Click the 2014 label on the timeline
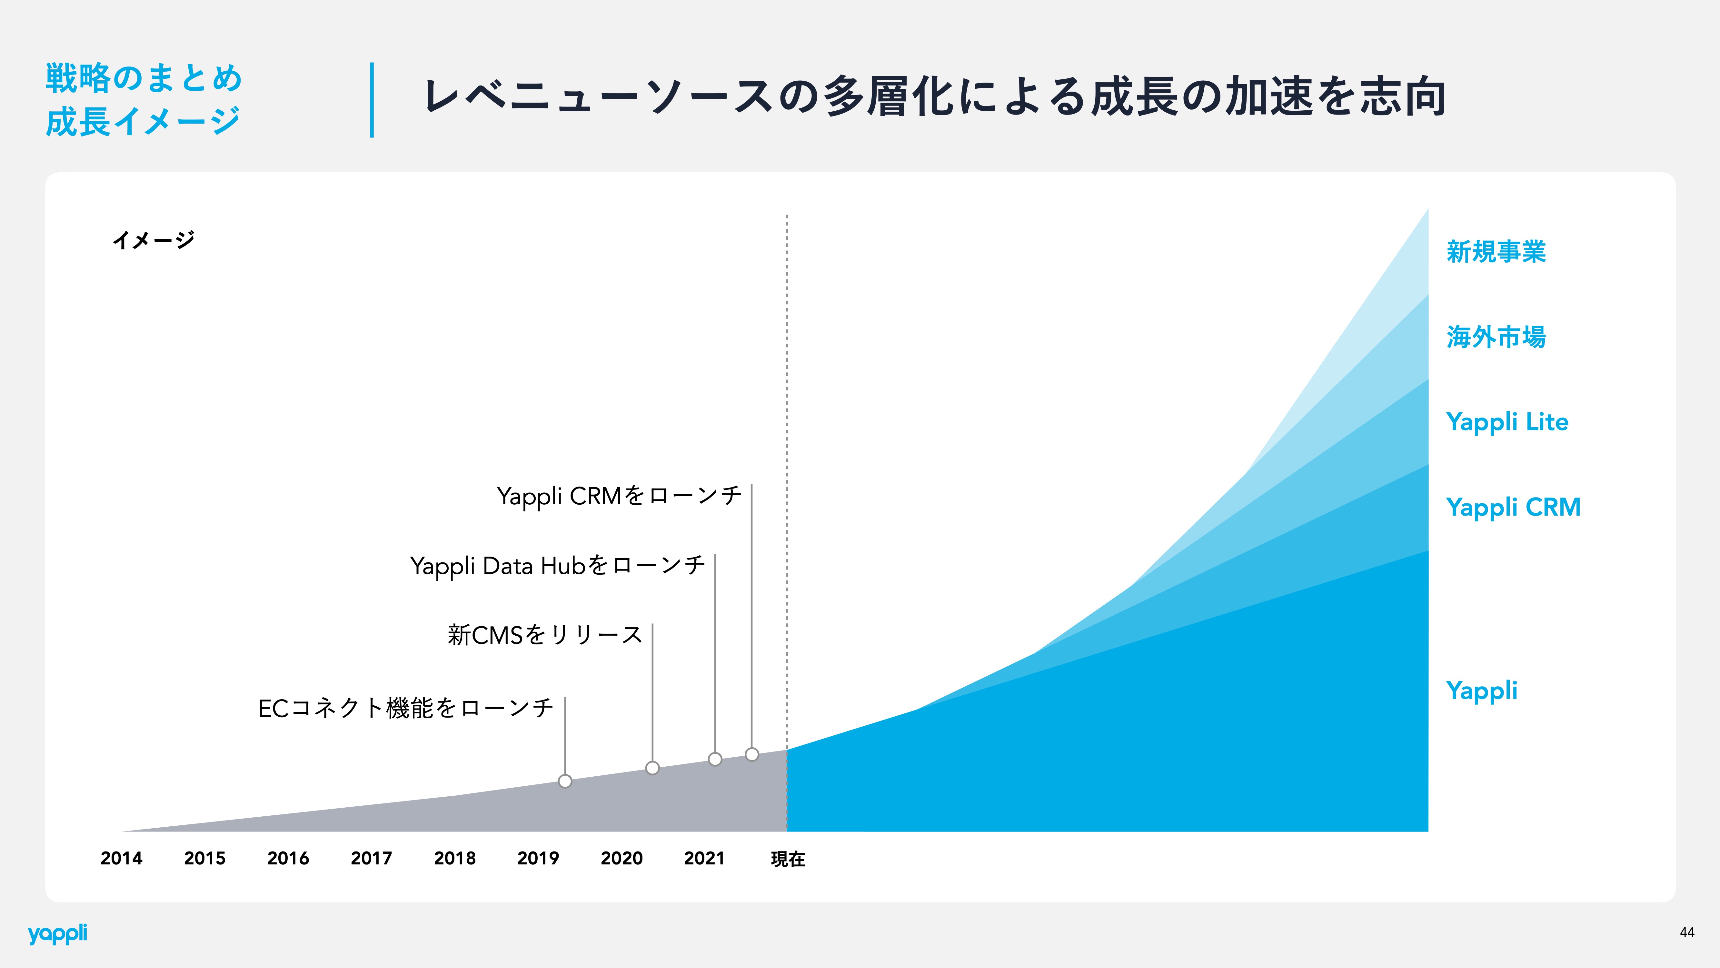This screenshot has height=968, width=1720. [x=122, y=858]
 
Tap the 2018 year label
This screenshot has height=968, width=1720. [x=455, y=858]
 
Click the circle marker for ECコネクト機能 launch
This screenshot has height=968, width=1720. [x=565, y=781]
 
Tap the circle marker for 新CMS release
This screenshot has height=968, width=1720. [x=652, y=768]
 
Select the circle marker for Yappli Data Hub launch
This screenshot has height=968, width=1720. [x=715, y=759]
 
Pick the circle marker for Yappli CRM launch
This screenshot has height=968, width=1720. [x=752, y=754]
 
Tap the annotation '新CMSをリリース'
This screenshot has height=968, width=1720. [x=545, y=635]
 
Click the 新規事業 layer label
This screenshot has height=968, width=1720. [x=1496, y=252]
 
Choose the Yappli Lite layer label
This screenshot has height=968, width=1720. [x=1507, y=422]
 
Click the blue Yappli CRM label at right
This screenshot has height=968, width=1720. [x=1513, y=508]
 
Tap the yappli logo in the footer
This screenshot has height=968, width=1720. [x=57, y=934]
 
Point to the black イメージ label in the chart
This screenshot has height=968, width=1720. [x=154, y=240]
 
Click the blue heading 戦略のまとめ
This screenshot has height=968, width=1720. [x=144, y=78]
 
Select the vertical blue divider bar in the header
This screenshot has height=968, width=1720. [x=372, y=100]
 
